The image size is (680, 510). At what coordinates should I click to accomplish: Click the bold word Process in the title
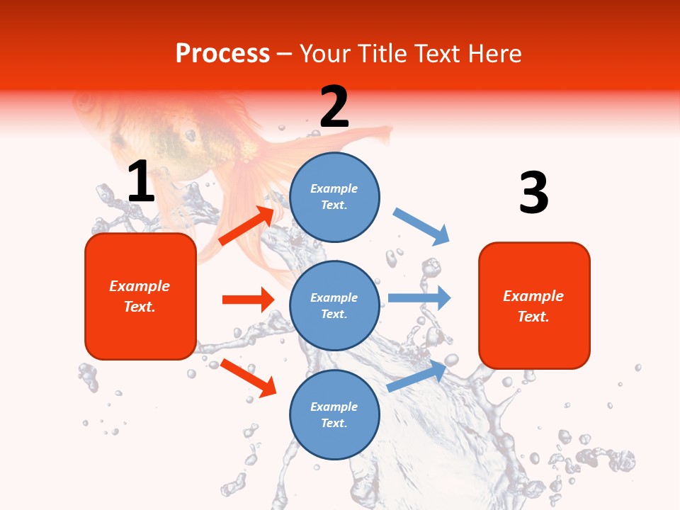(x=222, y=54)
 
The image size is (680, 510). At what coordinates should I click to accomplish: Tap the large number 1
(x=141, y=182)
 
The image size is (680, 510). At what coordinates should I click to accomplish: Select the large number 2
(x=334, y=107)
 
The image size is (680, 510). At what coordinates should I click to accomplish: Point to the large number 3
(x=533, y=193)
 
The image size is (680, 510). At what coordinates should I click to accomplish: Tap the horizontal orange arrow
(x=248, y=300)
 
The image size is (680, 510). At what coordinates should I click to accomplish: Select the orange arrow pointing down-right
(x=248, y=378)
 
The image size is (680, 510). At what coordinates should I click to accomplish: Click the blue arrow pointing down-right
(x=421, y=227)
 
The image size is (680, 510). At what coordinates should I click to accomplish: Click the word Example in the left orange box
(x=140, y=286)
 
